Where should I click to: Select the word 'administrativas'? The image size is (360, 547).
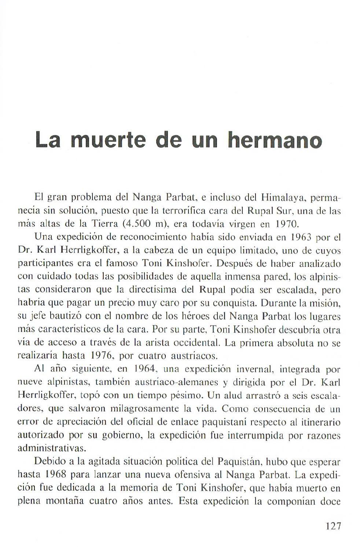(x=48, y=448)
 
